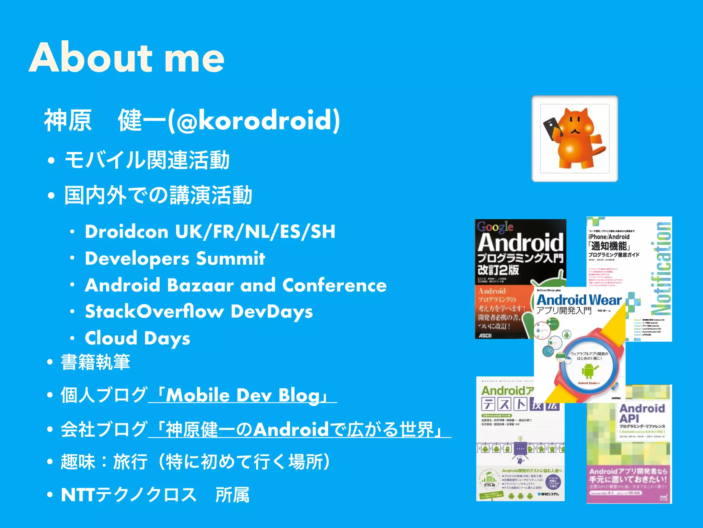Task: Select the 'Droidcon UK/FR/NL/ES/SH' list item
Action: click(210, 232)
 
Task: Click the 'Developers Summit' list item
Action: click(175, 258)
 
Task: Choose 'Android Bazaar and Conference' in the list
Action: click(236, 285)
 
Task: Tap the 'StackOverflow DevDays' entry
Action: click(199, 312)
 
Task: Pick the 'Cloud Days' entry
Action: click(137, 338)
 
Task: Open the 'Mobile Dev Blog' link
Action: click(243, 395)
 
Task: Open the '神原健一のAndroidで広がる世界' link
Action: click(299, 430)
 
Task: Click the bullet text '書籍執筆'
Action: click(95, 362)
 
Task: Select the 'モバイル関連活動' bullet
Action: click(147, 160)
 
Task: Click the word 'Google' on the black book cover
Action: click(495, 227)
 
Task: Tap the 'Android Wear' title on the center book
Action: click(579, 300)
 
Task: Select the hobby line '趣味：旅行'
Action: click(196, 462)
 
